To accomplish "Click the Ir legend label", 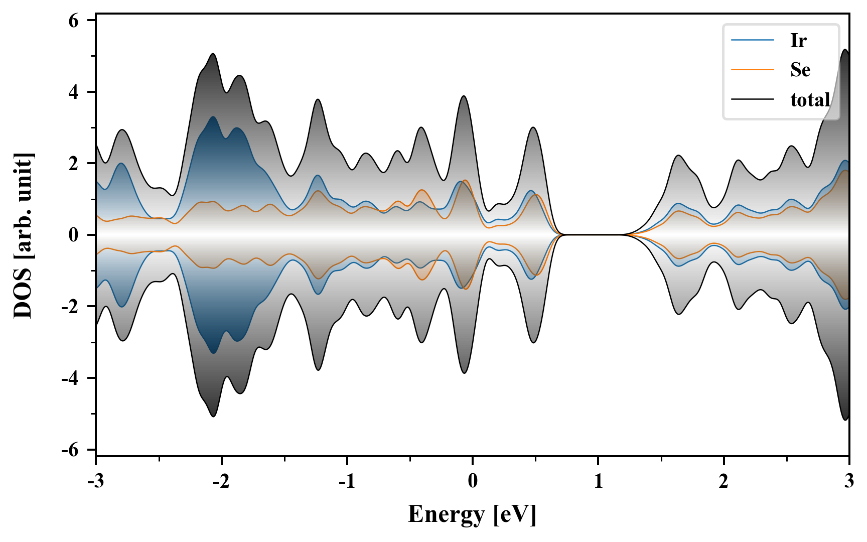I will (798, 41).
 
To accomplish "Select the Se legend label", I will (800, 70).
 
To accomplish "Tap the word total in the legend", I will (810, 100).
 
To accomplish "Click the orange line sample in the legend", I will (753, 70).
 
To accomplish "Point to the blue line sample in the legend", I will (753, 40).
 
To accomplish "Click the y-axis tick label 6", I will (74, 21).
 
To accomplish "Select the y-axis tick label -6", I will (71, 450).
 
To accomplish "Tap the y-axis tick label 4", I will (74, 92).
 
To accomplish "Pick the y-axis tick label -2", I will (71, 307).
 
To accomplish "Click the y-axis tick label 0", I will (74, 235).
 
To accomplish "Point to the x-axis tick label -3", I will (95, 481).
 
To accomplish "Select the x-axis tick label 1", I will (598, 481).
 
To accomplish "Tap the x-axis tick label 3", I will (849, 481).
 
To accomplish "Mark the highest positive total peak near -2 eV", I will (213, 54).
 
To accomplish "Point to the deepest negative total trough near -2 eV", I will (213, 416).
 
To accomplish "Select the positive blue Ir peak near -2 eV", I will (213, 117).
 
